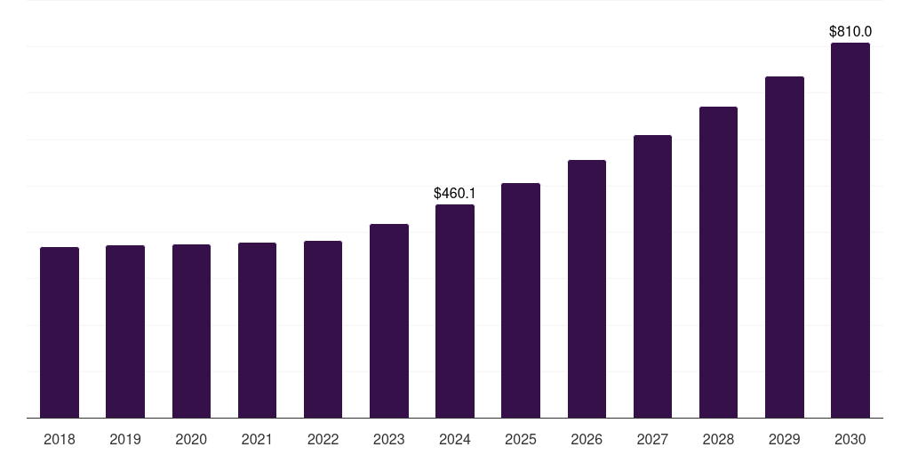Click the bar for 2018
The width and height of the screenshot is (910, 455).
tap(60, 332)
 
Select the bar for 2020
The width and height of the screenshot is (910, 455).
tap(191, 331)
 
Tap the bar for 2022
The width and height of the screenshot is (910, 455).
tap(323, 329)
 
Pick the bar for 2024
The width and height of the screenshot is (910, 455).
tap(455, 311)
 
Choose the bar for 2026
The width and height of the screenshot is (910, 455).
tap(587, 289)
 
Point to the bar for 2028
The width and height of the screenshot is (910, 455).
tap(718, 262)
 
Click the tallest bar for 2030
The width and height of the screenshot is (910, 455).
tap(850, 230)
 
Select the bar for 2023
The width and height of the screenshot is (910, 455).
tap(389, 321)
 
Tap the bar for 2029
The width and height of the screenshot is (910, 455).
tap(785, 247)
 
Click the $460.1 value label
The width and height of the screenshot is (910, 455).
tap(455, 193)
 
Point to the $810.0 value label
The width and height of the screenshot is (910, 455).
tap(850, 31)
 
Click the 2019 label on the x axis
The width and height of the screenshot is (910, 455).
tap(125, 439)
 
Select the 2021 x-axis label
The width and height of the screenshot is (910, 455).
tap(257, 439)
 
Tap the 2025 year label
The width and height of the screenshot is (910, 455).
tap(521, 439)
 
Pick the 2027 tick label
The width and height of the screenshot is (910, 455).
tap(652, 439)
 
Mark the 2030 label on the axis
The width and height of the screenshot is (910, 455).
tap(850, 439)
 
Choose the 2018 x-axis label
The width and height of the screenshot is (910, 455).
tap(60, 439)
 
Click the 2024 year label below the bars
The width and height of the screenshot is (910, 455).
tap(455, 439)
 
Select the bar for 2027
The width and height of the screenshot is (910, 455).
tap(652, 276)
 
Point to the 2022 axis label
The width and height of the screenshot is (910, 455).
tap(323, 439)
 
